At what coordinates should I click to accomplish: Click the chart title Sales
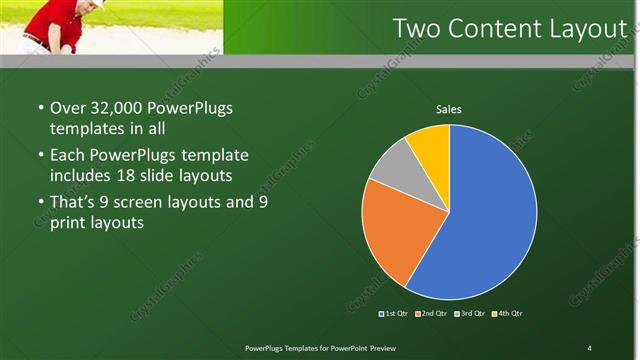coord(449,109)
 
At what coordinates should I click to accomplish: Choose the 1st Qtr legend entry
coord(394,314)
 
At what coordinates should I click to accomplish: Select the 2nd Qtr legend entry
coord(431,314)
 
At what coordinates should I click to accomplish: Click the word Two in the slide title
coord(417,29)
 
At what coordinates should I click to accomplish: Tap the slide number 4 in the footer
coord(589,347)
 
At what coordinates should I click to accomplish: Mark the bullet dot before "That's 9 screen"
coord(40,201)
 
